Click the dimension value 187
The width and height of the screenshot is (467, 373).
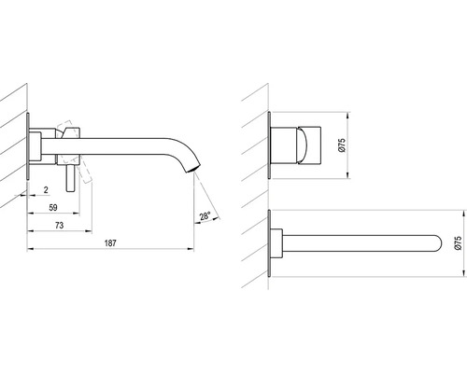pos(110,242)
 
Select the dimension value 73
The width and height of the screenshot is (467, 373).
pos(59,225)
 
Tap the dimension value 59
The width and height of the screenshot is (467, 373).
pos(53,207)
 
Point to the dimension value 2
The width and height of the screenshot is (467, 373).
pos(46,189)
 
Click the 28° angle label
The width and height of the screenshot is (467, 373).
pos(205,215)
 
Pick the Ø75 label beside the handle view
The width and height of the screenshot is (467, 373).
pos(342,145)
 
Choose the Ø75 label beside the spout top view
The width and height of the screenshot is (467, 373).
pos(458,242)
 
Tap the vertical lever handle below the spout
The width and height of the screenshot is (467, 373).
pos(71,178)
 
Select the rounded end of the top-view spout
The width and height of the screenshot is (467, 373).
pos(438,243)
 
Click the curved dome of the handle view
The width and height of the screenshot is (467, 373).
pos(304,145)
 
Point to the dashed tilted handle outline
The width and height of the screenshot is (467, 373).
pos(75,151)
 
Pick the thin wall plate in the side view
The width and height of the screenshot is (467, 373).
pos(28,146)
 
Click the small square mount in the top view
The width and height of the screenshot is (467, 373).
pos(276,243)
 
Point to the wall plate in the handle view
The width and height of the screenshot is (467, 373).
pos(269,145)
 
